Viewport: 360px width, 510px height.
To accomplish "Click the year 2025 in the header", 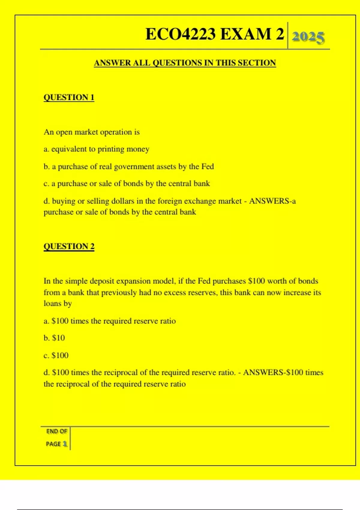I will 308,37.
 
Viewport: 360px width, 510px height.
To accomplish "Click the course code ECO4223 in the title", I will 180,34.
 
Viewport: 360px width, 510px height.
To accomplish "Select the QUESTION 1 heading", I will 69,97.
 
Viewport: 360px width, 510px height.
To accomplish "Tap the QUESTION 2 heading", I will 69,246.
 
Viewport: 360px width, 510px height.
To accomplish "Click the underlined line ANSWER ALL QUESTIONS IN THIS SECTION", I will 185,63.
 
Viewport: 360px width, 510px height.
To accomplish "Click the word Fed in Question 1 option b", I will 207,166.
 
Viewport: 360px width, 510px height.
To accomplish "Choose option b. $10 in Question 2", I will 54,338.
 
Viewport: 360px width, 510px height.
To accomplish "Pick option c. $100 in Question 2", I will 56,355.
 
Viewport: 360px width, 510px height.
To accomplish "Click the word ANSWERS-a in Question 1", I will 272,201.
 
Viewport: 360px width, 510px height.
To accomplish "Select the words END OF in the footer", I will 56,431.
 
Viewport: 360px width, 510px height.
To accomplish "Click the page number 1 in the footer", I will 65,444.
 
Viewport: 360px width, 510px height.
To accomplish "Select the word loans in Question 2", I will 52,304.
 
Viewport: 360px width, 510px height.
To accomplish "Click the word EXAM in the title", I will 245,34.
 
